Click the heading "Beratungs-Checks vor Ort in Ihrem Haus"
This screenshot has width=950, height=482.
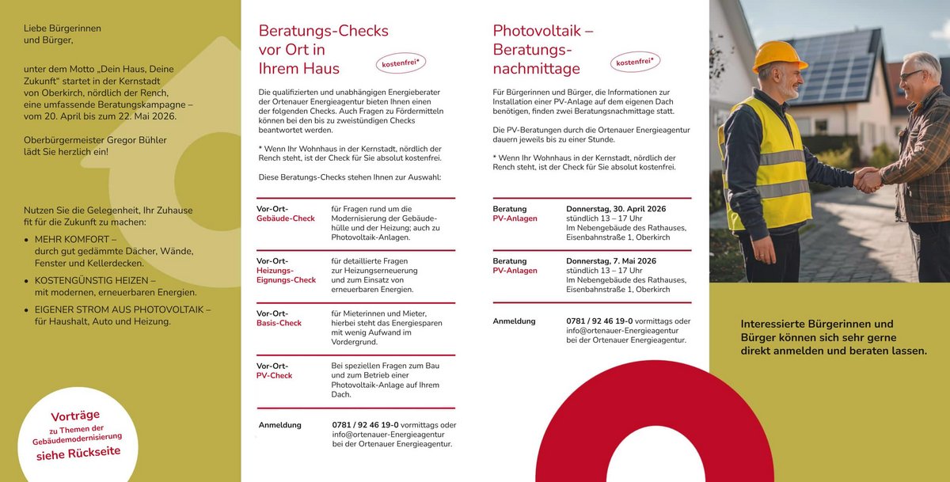[323, 50]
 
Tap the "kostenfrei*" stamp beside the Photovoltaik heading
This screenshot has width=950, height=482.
[634, 62]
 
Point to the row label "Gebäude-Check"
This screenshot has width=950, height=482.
[285, 218]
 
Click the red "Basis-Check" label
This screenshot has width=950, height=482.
[279, 323]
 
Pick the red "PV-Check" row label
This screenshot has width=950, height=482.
[274, 375]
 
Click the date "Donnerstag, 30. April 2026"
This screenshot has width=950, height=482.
[615, 209]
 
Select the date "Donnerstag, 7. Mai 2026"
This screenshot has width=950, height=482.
[610, 261]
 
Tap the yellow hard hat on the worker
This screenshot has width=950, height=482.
[778, 55]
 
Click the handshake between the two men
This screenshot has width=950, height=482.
[868, 179]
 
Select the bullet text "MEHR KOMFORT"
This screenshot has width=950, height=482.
[75, 239]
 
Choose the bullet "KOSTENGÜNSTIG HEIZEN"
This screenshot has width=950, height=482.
[95, 280]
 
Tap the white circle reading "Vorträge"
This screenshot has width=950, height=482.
[76, 435]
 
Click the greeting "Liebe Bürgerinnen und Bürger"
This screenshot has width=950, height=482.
[62, 34]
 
